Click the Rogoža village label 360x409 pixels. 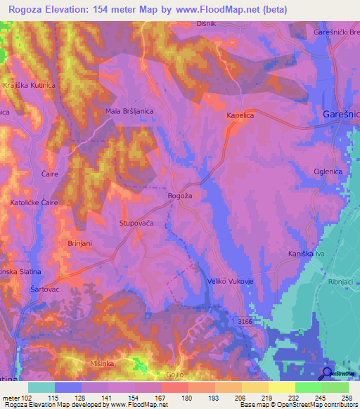[180, 197]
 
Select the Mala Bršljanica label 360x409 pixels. [129, 111]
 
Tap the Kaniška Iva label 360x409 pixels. [307, 252]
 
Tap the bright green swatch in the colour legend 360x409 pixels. [309, 387]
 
